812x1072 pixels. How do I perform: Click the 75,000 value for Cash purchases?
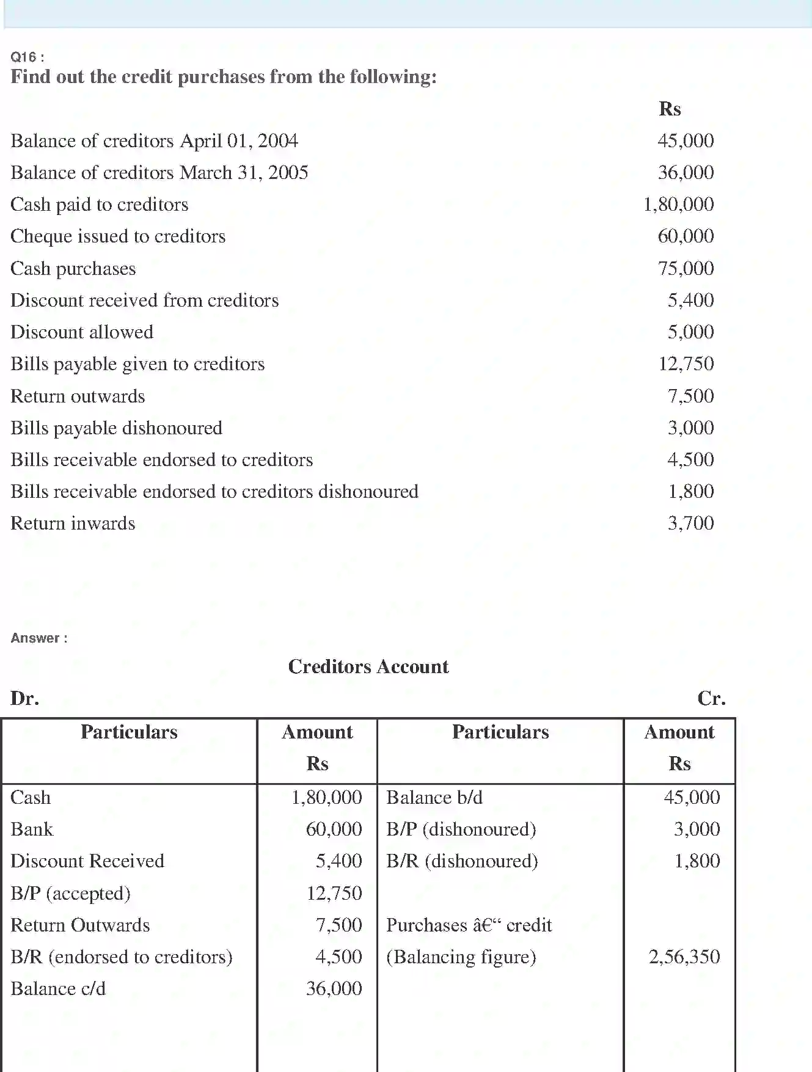click(x=686, y=268)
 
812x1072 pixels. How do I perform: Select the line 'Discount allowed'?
click(x=82, y=332)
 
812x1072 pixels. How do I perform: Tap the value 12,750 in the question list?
click(x=686, y=363)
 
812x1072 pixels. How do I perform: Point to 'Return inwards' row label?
click(x=73, y=523)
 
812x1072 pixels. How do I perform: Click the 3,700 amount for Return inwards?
click(x=690, y=523)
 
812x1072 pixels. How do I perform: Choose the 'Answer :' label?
click(x=39, y=638)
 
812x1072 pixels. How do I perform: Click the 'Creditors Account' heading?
click(x=368, y=666)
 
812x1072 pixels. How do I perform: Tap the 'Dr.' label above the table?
click(x=25, y=698)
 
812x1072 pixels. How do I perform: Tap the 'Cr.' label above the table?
click(x=711, y=698)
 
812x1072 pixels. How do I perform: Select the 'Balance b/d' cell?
click(x=434, y=797)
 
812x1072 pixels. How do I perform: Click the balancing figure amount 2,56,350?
click(x=684, y=957)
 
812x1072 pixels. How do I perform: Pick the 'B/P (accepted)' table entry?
click(x=70, y=893)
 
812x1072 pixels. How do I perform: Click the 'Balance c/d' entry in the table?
click(x=58, y=988)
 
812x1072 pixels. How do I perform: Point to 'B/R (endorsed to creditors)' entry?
click(x=122, y=957)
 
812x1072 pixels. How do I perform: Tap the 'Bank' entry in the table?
click(x=32, y=829)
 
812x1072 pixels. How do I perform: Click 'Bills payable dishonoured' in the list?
click(x=116, y=428)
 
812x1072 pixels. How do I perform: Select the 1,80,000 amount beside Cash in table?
click(x=326, y=797)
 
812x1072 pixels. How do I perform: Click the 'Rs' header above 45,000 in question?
click(x=670, y=109)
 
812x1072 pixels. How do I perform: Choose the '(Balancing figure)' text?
click(x=461, y=957)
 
